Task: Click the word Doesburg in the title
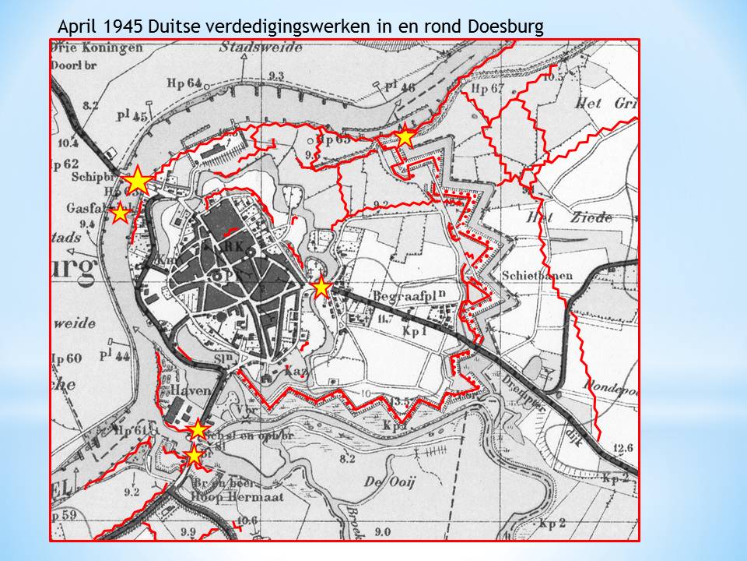point(506,26)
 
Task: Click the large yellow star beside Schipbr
point(138,180)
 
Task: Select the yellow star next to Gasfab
point(120,213)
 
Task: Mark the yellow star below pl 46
point(405,138)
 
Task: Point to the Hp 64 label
point(184,83)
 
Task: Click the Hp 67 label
point(488,90)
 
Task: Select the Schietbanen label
point(537,276)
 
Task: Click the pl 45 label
point(132,117)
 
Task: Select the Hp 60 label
point(67,358)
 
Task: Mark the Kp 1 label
point(416,331)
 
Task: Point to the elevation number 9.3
point(275,75)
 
